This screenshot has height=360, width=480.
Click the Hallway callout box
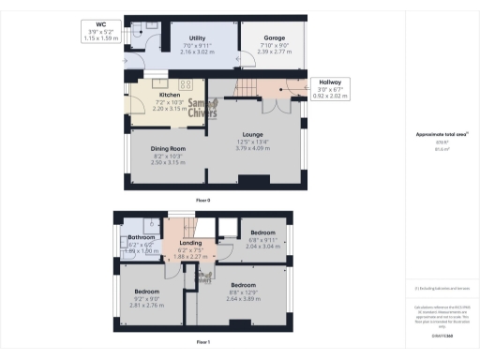330,82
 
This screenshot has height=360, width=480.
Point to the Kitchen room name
170,95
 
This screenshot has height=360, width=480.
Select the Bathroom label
141,238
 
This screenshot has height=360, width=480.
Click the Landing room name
189,243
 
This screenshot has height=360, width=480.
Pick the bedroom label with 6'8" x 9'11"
262,231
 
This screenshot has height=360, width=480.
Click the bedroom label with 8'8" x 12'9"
244,284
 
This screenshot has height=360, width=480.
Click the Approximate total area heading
440,135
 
